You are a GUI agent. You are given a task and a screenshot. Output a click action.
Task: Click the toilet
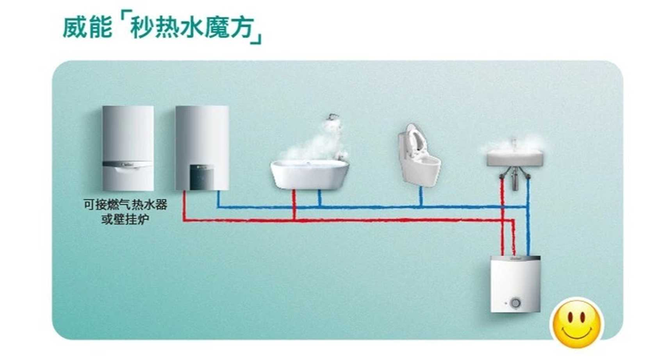pos(418,154)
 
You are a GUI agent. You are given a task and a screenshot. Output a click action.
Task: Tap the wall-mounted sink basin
pos(516,158)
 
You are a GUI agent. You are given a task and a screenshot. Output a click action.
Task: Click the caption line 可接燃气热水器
pos(126,205)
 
